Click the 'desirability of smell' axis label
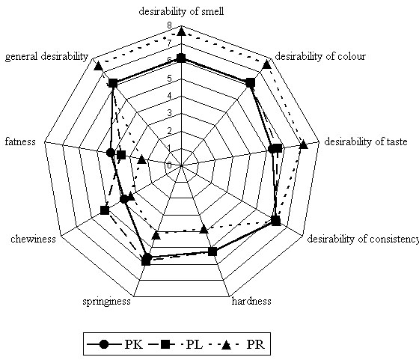tap(181, 11)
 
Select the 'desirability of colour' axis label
tap(320, 56)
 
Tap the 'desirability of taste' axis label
tap(366, 141)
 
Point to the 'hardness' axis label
tap(251, 301)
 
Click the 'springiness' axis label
tap(106, 302)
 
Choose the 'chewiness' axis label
tap(33, 239)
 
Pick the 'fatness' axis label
tap(20, 141)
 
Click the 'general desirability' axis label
tap(46, 57)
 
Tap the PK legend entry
tap(115, 344)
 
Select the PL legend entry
tap(175, 344)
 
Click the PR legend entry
tap(236, 344)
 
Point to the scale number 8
tap(169, 25)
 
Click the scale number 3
tap(169, 113)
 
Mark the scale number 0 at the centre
tap(169, 165)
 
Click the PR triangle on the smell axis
tap(181, 31)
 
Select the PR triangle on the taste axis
tap(304, 145)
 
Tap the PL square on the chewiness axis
tap(105, 210)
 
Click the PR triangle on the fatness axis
tap(141, 160)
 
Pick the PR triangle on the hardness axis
tap(204, 229)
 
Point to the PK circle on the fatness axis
tap(110, 153)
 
